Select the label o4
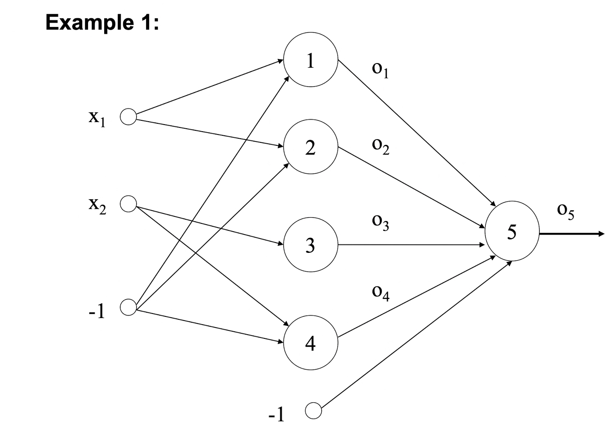click(x=381, y=294)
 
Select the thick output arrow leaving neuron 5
click(x=572, y=234)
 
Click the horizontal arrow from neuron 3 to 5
click(x=411, y=245)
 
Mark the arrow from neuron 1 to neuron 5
click(x=417, y=133)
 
